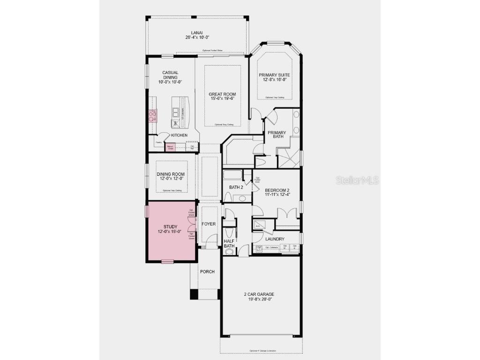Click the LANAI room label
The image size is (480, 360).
(196, 32)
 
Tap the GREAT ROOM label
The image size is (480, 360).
(222, 94)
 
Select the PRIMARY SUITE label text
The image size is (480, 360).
(274, 75)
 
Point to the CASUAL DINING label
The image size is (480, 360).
(170, 75)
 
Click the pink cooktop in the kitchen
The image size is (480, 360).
(153, 115)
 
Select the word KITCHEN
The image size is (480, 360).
(179, 135)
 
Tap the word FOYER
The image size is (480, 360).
(209, 224)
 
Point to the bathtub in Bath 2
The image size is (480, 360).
(232, 175)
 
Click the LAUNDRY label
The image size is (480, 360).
(275, 239)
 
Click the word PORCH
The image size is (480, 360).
(207, 271)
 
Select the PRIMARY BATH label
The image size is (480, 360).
(277, 135)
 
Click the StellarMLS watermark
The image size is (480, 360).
(357, 180)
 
